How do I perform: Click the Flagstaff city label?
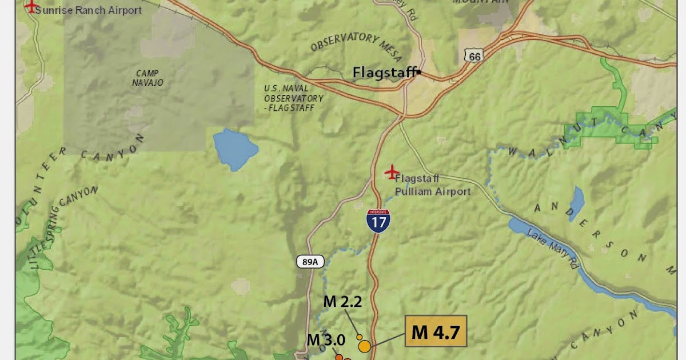(384, 73)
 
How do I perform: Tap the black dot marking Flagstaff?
(419, 72)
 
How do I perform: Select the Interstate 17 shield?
(378, 220)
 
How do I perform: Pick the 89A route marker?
(310, 262)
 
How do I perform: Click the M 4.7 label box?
(436, 331)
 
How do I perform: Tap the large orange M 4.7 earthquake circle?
(364, 346)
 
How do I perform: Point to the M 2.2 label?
(343, 302)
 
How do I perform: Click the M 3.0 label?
(326, 339)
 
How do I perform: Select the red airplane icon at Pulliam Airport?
(392, 171)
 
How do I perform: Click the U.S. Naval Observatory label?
(294, 98)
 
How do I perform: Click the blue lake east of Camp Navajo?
(235, 149)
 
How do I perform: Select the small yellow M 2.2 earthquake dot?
(360, 337)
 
